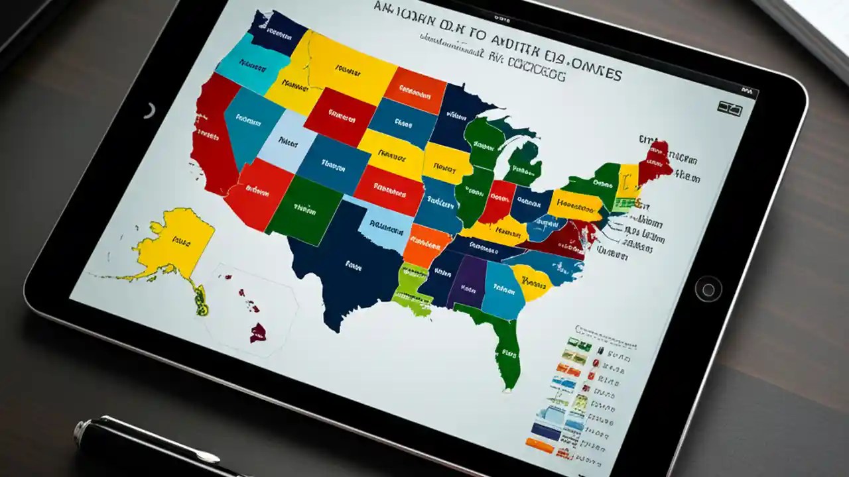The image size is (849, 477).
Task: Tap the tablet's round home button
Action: click(x=708, y=290)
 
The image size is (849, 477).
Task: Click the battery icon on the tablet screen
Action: click(x=730, y=108)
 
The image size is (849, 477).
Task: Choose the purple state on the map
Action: click(x=470, y=282)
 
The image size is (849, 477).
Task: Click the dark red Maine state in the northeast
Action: click(x=659, y=160)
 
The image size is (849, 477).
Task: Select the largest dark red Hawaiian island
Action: click(x=258, y=331)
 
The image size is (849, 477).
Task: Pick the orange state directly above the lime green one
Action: click(x=427, y=244)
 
